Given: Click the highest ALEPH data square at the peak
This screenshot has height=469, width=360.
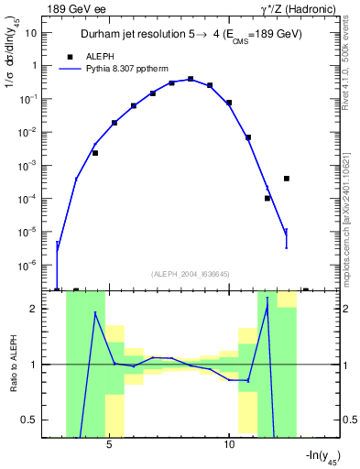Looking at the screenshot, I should [191, 79].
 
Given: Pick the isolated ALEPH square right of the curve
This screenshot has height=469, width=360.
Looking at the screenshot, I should [287, 179].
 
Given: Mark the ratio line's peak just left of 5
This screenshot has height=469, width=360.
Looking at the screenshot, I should [95, 313].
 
